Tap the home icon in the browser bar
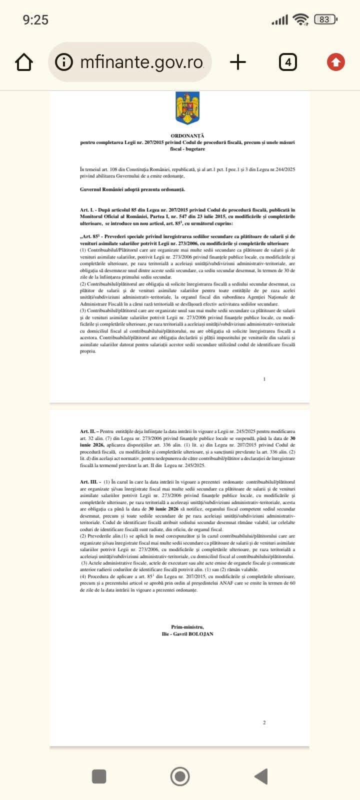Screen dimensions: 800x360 [x=24, y=62]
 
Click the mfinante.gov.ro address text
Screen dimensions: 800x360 [x=141, y=62]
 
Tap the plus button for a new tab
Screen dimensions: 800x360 [x=238, y=62]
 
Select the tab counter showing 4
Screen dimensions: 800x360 [x=287, y=62]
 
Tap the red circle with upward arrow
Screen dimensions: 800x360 [x=335, y=62]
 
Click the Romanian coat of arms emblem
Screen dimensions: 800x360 [x=187, y=107]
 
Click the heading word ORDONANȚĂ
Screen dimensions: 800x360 [x=187, y=135]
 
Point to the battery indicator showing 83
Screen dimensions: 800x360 [x=325, y=19]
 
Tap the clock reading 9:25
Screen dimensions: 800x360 [x=35, y=19]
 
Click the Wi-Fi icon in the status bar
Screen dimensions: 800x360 [x=300, y=19]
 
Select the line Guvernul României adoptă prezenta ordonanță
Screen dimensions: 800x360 [x=132, y=189]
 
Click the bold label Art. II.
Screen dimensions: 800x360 [x=87, y=431]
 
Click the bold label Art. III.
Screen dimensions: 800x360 [x=88, y=482]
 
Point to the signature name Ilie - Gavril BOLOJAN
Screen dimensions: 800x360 [x=187, y=633]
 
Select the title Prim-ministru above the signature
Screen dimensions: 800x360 [x=187, y=627]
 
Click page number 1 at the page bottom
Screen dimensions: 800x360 [x=264, y=379]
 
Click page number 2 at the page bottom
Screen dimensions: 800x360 [x=264, y=722]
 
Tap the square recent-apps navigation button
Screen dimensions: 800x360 [x=99, y=776]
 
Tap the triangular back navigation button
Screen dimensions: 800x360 [x=261, y=776]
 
